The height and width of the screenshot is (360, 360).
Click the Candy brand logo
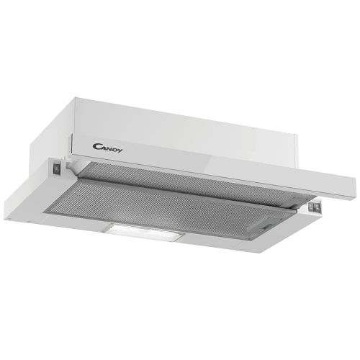[x=107, y=148]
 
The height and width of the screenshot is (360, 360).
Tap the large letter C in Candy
[x=96, y=146]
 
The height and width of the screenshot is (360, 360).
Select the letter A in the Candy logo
[x=104, y=148]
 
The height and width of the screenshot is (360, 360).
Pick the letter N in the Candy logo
[x=109, y=148]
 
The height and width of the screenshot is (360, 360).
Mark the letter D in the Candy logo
[x=114, y=149]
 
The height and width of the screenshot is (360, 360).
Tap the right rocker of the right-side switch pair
[x=318, y=207]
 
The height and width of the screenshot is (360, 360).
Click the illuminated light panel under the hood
[x=143, y=232]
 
